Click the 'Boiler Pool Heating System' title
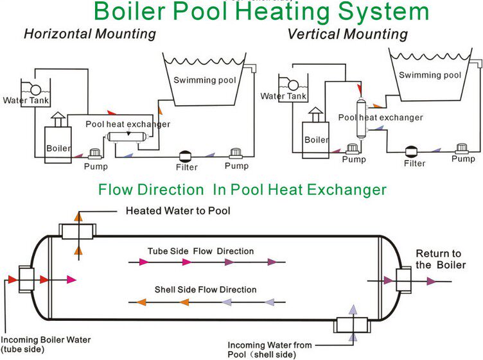(x=261, y=12)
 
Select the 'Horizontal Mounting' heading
(x=90, y=34)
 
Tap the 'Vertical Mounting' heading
(x=347, y=33)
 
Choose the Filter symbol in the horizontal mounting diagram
(x=187, y=156)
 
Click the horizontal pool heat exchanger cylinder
(x=128, y=135)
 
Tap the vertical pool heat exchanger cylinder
(x=361, y=118)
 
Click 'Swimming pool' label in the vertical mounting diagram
(x=430, y=75)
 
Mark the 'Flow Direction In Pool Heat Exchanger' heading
(x=242, y=189)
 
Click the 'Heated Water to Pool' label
(x=178, y=210)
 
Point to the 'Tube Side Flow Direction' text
(x=200, y=251)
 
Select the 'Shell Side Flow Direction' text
(x=206, y=289)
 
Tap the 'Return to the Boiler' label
(x=439, y=259)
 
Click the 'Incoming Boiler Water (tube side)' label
(x=46, y=344)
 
